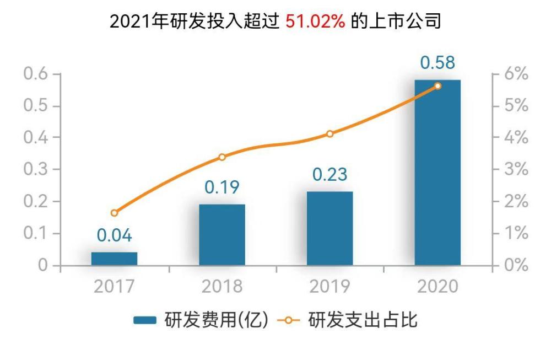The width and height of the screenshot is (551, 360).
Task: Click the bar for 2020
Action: click(x=437, y=172)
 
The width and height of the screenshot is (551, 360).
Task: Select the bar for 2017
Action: click(x=114, y=259)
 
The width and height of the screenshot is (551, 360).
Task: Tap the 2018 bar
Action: click(x=222, y=234)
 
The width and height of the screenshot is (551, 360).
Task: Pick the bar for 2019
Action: click(x=329, y=228)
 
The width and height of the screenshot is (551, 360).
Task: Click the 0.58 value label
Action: click(x=437, y=62)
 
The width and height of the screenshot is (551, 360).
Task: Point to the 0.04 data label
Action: click(x=115, y=235)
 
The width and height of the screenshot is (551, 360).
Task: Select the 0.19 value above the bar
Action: click(x=222, y=187)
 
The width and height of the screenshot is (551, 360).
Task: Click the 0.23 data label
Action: click(x=329, y=175)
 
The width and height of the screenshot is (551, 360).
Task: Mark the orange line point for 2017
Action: click(x=114, y=213)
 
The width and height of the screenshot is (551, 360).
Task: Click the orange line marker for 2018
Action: click(x=222, y=157)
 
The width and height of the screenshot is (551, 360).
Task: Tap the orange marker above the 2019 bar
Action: click(x=329, y=134)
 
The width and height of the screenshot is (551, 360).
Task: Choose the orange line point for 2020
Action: click(x=437, y=86)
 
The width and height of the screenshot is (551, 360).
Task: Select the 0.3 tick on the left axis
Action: click(x=35, y=169)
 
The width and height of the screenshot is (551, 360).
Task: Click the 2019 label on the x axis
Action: click(x=329, y=287)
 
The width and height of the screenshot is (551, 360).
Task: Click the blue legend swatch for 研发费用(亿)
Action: click(x=145, y=320)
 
